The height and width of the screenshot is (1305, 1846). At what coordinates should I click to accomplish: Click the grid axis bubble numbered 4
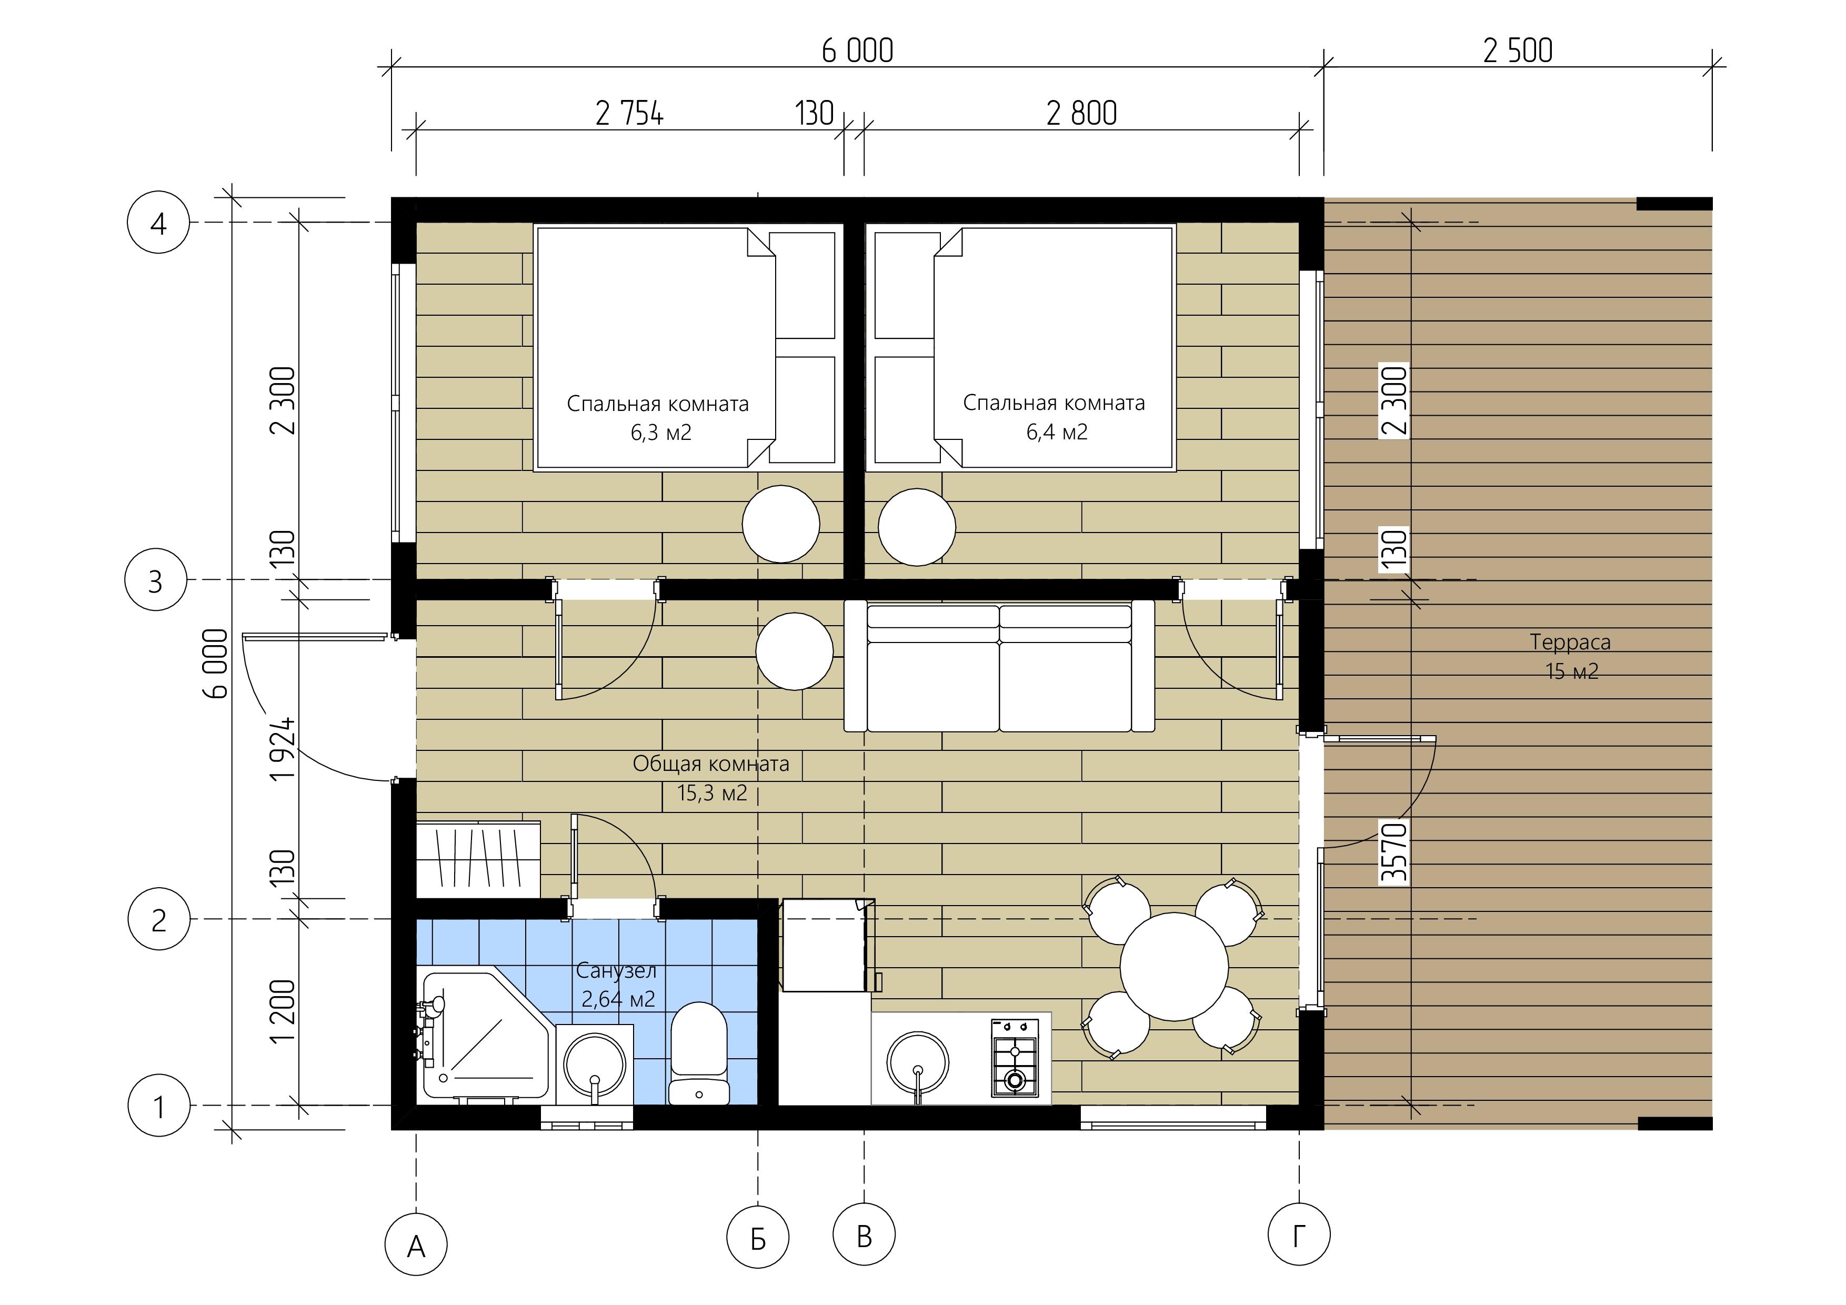(158, 222)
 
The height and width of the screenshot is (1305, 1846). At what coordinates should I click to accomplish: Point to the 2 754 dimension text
(629, 113)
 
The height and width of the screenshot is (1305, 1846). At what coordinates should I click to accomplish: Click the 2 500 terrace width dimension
(1518, 51)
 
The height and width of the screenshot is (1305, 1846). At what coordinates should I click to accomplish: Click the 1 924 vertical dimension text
(283, 749)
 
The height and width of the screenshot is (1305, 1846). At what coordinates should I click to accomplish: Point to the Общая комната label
(711, 764)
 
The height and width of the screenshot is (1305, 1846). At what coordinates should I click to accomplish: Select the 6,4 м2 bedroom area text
(1057, 433)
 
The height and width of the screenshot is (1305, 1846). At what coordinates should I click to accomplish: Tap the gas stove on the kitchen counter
(1015, 1057)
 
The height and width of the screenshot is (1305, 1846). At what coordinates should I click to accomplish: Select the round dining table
(1174, 967)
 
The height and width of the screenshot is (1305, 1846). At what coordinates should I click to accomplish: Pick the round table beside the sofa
(795, 651)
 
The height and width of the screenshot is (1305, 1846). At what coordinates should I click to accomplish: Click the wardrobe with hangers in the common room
(478, 859)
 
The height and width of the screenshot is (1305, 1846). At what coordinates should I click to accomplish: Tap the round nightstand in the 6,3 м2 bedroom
(781, 524)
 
